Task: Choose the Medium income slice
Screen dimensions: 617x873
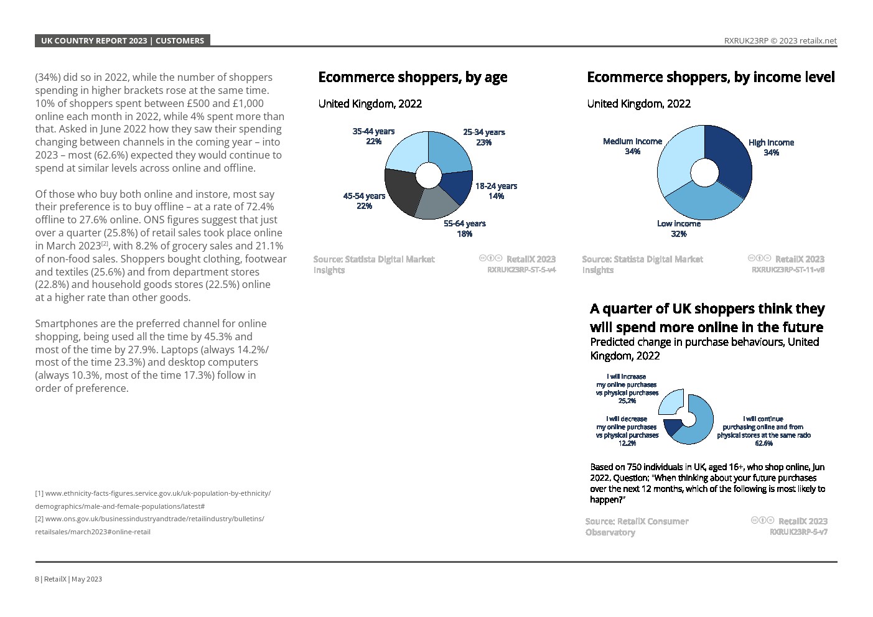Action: (676, 161)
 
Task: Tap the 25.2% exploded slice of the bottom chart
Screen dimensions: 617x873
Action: (671, 402)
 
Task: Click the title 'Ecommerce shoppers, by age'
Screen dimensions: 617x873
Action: (413, 77)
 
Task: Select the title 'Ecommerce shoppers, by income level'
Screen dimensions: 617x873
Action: (711, 77)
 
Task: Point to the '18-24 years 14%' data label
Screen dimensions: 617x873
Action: (496, 191)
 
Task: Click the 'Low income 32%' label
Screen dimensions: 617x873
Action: (679, 228)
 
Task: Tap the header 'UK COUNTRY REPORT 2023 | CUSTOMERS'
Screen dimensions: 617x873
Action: (123, 41)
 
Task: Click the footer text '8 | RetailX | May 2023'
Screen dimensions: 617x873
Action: (68, 579)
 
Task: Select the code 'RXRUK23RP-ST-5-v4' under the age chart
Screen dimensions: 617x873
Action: (521, 270)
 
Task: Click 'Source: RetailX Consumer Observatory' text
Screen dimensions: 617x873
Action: (637, 526)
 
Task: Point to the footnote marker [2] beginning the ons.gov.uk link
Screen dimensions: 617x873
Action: (39, 519)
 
